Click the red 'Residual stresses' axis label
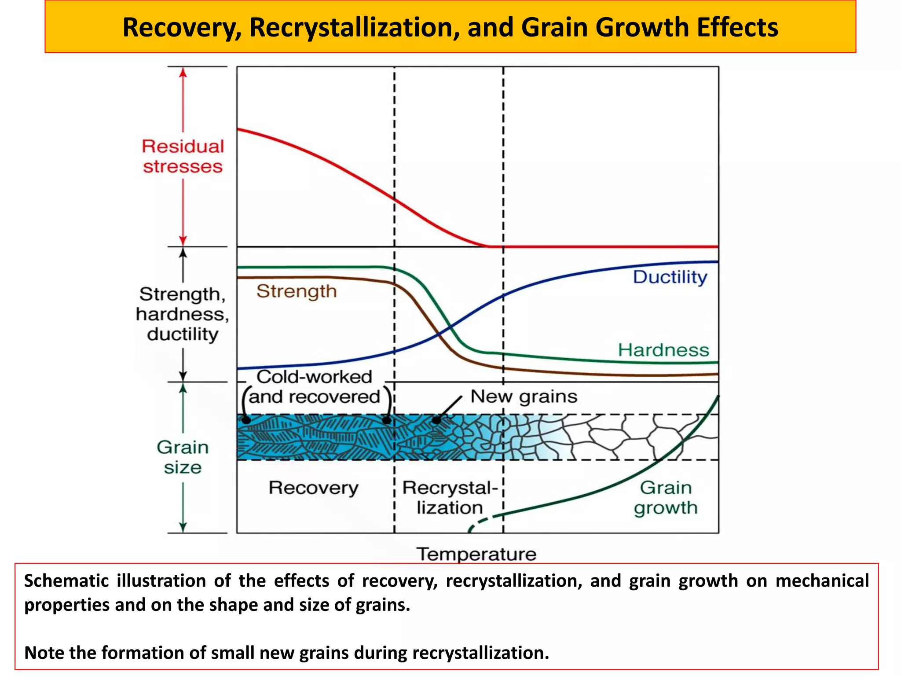click(183, 157)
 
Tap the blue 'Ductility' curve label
click(670, 277)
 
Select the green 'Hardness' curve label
click(663, 350)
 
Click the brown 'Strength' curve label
click(297, 291)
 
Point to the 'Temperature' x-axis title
click(476, 554)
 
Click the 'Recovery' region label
click(313, 488)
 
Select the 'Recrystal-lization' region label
click(450, 498)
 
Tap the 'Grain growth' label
click(665, 498)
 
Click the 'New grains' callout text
click(524, 397)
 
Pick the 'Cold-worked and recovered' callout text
click(314, 387)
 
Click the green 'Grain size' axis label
click(183, 457)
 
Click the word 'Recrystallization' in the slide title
click(355, 27)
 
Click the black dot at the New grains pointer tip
click(436, 420)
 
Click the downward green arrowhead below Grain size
click(183, 527)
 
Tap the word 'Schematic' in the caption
click(66, 581)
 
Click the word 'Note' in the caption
click(44, 653)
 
